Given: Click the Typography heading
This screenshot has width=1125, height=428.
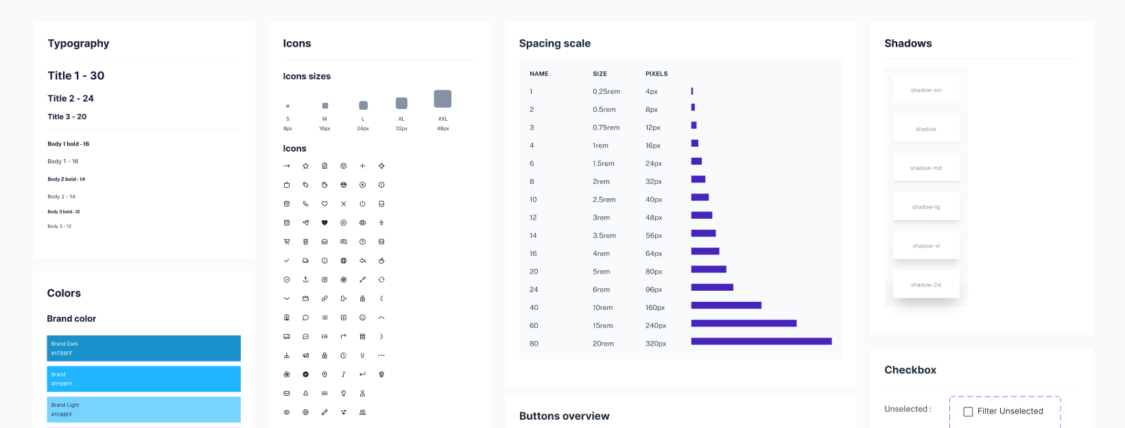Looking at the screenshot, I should click(x=78, y=43).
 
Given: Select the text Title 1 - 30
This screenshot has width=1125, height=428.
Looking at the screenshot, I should click(x=75, y=75).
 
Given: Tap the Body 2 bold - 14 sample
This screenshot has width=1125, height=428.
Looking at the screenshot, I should click(x=66, y=179).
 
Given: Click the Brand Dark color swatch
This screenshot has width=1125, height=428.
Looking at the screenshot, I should click(x=143, y=348).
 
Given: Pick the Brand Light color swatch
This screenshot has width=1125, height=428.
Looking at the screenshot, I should click(x=143, y=409).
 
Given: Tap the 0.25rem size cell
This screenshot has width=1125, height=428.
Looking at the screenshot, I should click(x=606, y=91).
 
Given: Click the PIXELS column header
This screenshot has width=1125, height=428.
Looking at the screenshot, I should click(x=656, y=73).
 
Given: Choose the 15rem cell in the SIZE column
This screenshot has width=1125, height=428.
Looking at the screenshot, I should click(x=602, y=326).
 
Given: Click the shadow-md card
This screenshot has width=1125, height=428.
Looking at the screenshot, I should click(x=925, y=168).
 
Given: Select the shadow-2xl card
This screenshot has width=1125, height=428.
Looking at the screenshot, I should click(x=925, y=285).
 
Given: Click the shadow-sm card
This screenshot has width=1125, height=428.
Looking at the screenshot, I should click(x=925, y=90).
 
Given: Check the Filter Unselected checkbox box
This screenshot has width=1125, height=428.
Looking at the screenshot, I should click(x=968, y=412).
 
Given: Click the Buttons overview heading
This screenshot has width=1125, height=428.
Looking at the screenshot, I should click(x=564, y=416).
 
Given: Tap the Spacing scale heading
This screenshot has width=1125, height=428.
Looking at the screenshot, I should click(x=554, y=43).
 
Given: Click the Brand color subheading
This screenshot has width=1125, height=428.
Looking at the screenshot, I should click(x=71, y=319).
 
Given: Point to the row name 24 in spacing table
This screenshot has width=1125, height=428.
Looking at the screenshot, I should click(x=534, y=289).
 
